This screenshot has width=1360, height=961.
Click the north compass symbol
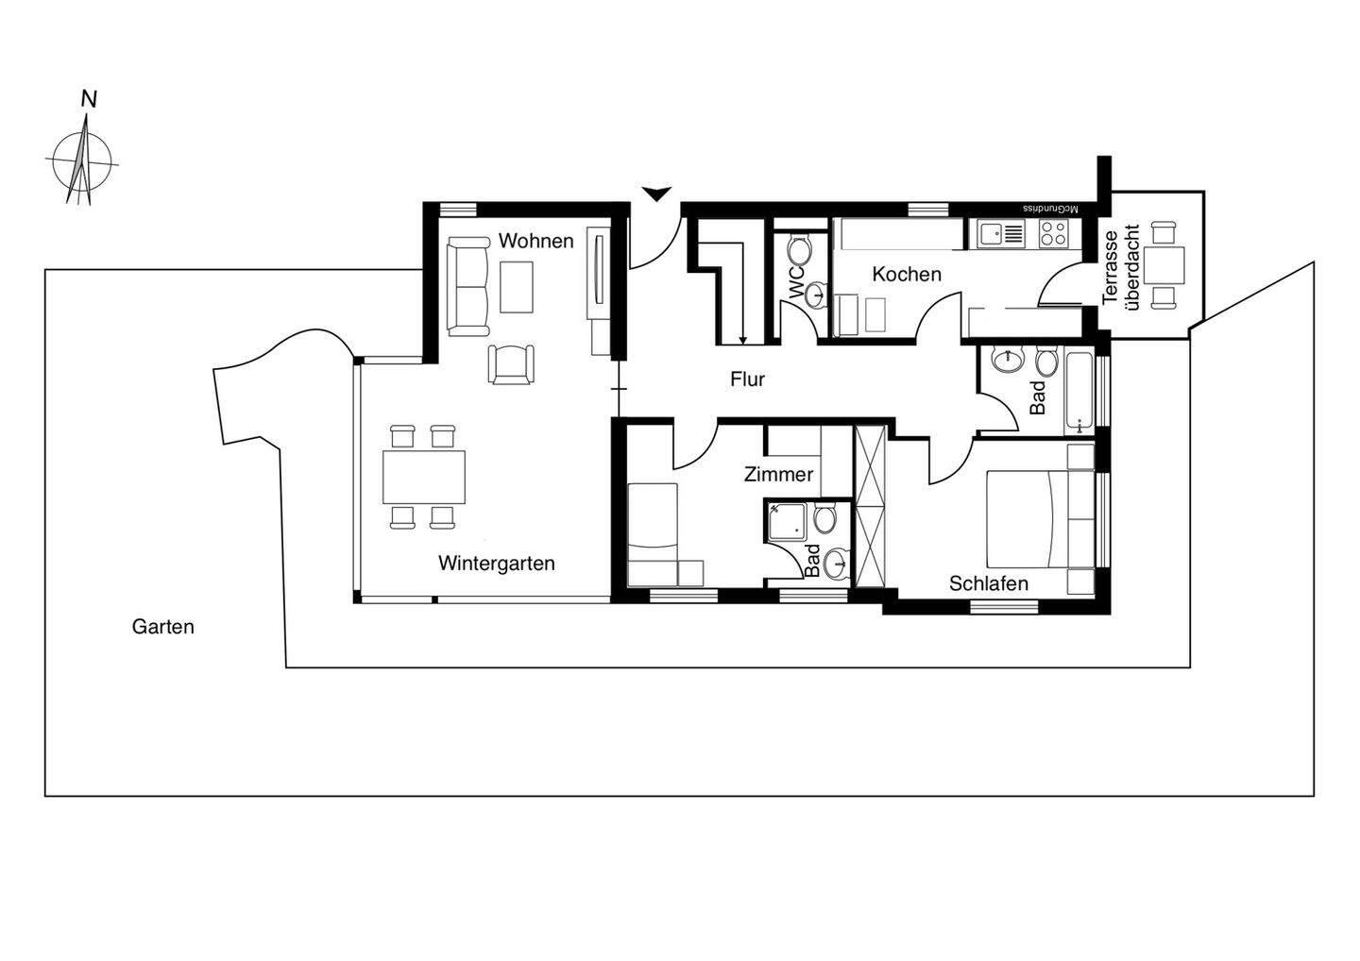pos(83,160)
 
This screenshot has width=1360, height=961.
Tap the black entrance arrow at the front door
pos(656,194)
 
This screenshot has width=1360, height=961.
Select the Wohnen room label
pos(535,241)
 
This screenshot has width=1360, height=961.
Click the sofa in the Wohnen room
pos(468,287)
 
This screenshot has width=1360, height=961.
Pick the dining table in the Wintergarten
pos(424,477)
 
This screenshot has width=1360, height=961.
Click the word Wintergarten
pos(496,564)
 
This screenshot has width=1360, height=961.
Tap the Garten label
pos(162,627)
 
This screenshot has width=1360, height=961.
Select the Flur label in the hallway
pos(747,379)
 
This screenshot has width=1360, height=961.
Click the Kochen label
pos(906,275)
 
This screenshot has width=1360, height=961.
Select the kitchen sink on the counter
pos(1001,232)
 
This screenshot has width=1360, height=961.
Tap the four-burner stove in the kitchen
pos(1053,232)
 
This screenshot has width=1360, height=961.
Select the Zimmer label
pos(778,475)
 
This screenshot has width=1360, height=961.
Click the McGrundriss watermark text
pos(1051,208)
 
